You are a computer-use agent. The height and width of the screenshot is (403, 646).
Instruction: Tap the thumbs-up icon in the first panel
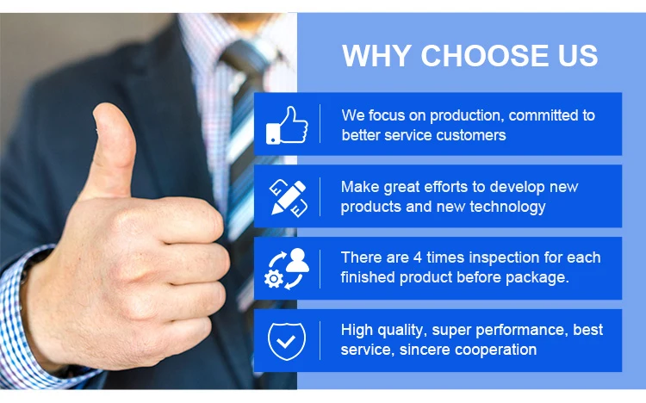(x=287, y=125)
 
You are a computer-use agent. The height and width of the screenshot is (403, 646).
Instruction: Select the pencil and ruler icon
(x=289, y=197)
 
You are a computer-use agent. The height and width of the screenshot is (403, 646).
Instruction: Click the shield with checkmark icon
(x=287, y=341)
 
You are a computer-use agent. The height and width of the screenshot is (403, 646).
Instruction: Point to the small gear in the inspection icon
(x=274, y=279)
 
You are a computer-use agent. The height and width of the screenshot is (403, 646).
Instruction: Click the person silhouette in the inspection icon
(x=297, y=260)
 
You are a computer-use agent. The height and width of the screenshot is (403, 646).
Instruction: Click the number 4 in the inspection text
(x=418, y=257)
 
